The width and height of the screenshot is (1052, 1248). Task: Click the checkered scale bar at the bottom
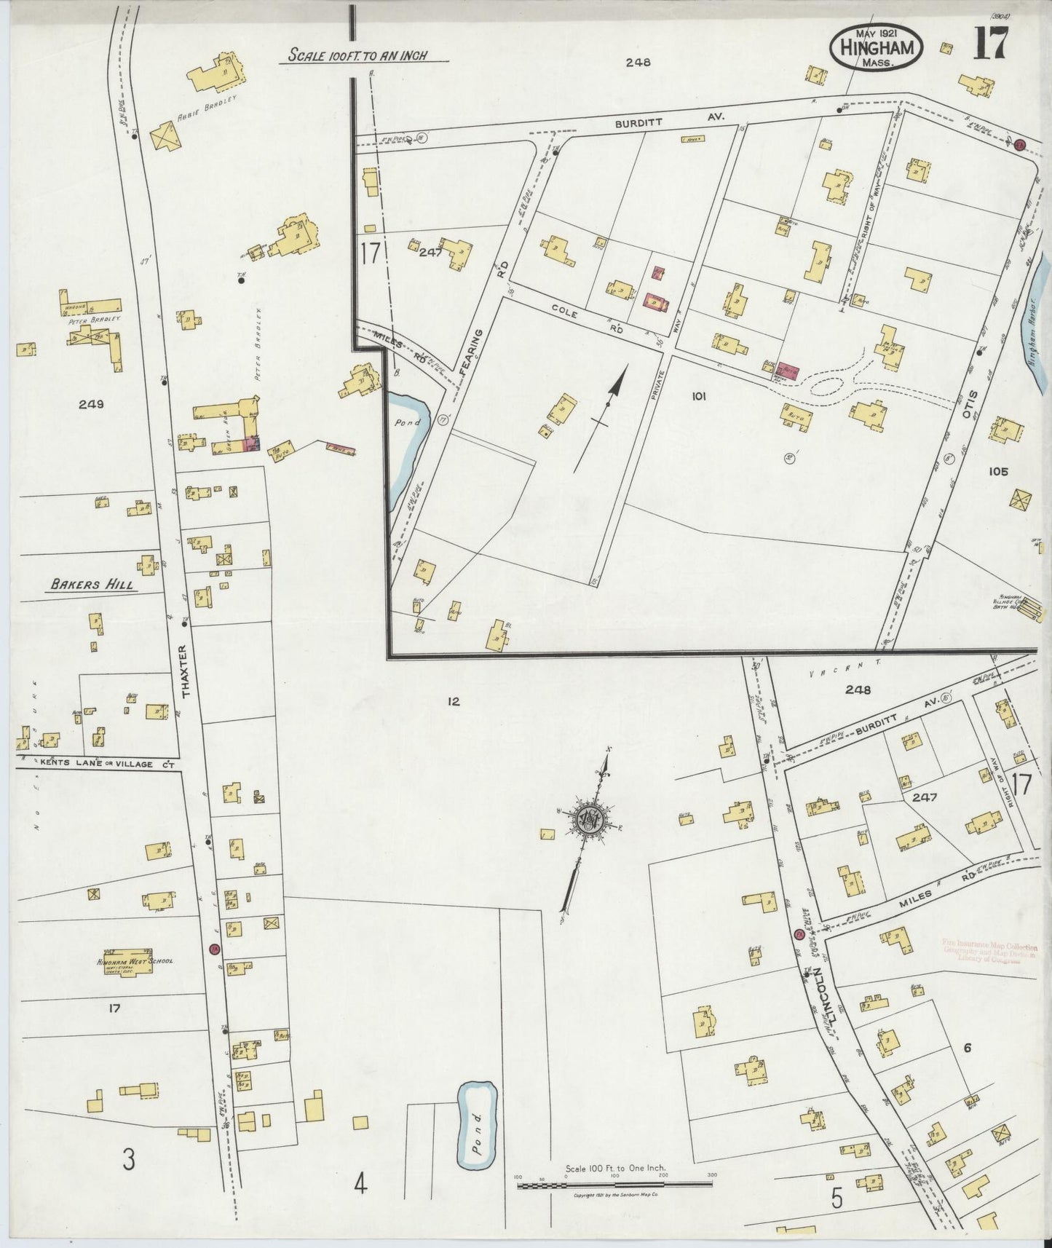point(614,1185)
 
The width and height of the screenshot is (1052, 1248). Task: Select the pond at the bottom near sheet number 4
point(477,1124)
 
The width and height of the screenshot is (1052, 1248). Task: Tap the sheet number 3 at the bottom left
point(128,1159)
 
